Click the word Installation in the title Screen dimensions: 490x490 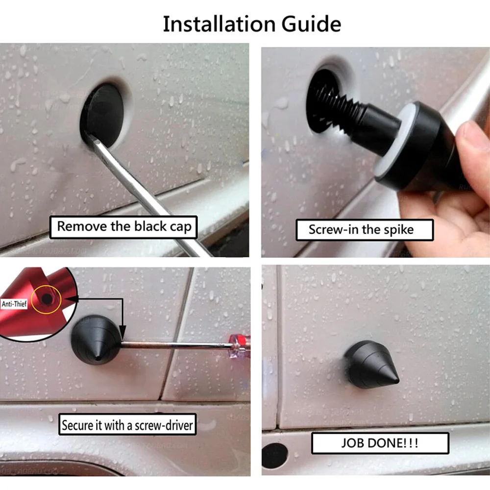click(x=219, y=24)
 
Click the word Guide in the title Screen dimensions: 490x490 click(x=311, y=24)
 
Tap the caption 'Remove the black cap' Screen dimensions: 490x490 click(x=124, y=227)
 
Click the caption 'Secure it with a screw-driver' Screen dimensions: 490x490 click(x=127, y=424)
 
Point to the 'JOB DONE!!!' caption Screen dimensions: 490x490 click(x=380, y=443)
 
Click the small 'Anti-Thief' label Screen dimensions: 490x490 click(x=14, y=304)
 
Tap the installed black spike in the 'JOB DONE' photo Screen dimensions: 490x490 click(x=370, y=365)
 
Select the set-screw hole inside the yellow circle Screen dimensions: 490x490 click(x=47, y=299)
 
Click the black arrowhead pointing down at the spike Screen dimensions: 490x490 click(x=122, y=331)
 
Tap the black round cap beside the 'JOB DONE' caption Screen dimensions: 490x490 click(x=274, y=456)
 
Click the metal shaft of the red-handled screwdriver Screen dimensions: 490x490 click(x=175, y=345)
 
